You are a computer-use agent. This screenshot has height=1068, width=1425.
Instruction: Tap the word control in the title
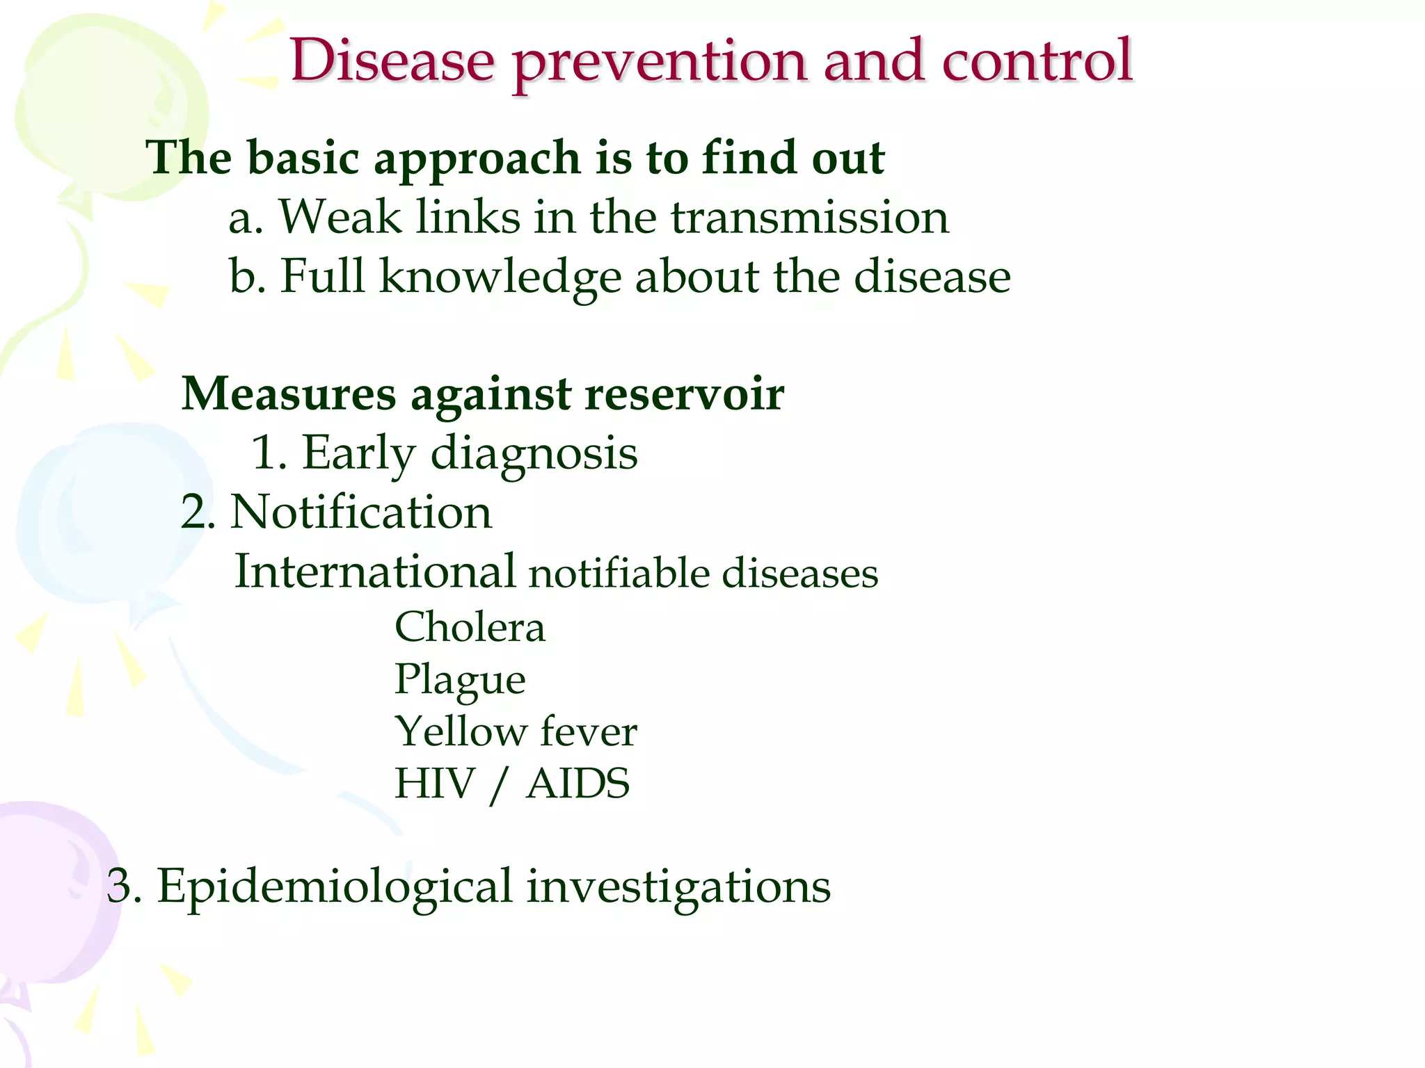[1037, 61]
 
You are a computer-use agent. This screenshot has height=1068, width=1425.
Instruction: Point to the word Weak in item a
[340, 217]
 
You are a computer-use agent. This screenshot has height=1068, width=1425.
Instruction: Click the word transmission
[809, 217]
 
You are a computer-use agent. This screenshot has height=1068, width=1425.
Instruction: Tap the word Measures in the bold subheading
[288, 394]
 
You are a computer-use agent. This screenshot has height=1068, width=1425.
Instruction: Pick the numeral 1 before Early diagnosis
[265, 453]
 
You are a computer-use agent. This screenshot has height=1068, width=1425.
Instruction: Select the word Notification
[360, 512]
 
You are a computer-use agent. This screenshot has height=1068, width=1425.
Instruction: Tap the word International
[375, 572]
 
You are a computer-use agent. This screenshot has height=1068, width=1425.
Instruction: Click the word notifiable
[619, 574]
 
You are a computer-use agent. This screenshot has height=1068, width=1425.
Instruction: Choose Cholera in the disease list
[470, 627]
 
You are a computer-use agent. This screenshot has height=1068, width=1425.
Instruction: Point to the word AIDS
[578, 784]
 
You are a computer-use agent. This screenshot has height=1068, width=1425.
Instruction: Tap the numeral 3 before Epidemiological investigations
[120, 887]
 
